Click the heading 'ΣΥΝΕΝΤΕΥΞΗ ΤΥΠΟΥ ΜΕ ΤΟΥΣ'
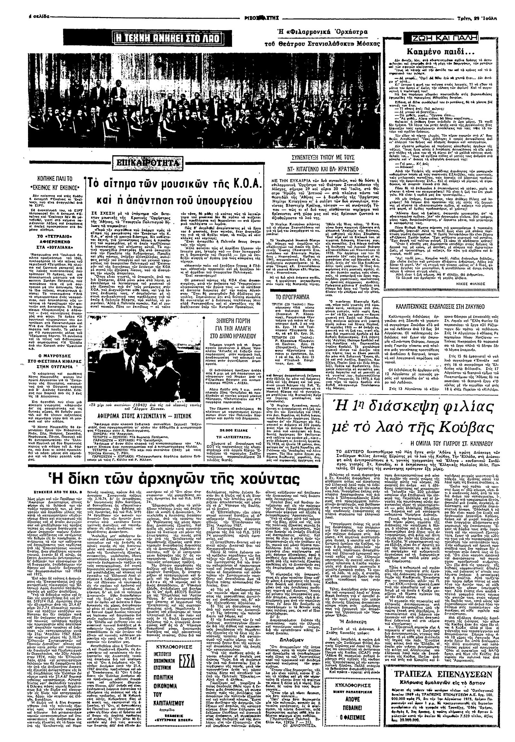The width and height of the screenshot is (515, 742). (318, 157)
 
